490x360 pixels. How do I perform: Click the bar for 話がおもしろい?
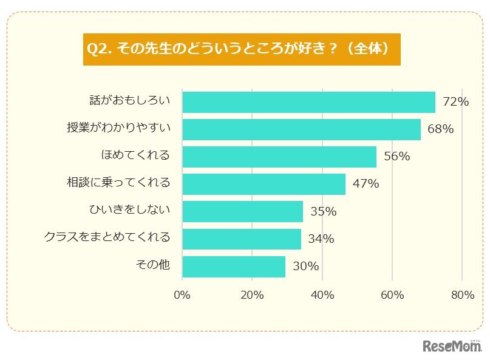(x=308, y=102)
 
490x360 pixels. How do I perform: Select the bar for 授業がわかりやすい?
(x=301, y=129)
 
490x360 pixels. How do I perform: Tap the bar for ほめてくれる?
(x=279, y=157)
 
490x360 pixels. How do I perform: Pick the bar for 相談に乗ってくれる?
(x=264, y=184)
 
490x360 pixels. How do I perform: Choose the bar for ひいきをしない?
(x=242, y=211)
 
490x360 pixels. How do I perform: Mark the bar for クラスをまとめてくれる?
(x=241, y=239)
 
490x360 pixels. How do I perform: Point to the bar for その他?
(x=234, y=267)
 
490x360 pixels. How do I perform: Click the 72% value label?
(x=456, y=102)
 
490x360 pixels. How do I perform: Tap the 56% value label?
(x=397, y=157)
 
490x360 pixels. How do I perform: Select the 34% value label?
(x=321, y=239)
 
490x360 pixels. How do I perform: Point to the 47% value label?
(x=366, y=184)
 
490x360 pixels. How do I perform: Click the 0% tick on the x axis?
(x=182, y=295)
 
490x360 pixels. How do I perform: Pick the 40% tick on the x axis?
(x=322, y=295)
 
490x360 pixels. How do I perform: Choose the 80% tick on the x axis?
(x=463, y=295)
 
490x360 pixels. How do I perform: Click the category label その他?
(x=154, y=265)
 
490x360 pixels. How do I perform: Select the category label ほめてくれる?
(x=135, y=155)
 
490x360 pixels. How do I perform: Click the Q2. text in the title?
(x=100, y=49)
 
